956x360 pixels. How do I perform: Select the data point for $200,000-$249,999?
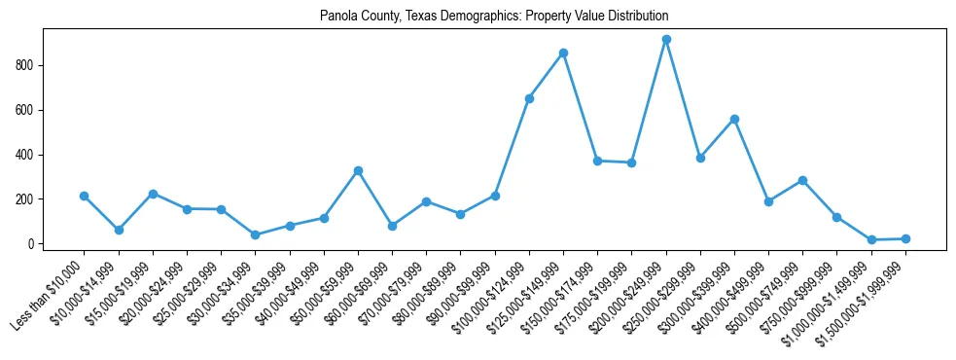pos(666,40)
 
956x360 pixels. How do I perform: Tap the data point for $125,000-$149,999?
pos(563,53)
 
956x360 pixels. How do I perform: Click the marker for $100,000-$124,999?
pos(529,98)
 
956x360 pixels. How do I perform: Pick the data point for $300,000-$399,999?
pos(734,119)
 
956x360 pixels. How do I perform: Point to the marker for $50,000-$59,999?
pos(358,170)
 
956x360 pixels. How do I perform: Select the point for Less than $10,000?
pos(85,196)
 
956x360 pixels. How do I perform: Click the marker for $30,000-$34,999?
pos(255,234)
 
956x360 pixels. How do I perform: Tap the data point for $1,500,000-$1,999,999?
pos(905,238)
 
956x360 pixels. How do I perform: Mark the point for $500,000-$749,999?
pos(802,180)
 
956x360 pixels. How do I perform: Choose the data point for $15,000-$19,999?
pos(153,194)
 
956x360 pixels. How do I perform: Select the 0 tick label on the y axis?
pos(34,244)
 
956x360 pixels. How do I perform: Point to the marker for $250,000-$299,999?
pos(700,158)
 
